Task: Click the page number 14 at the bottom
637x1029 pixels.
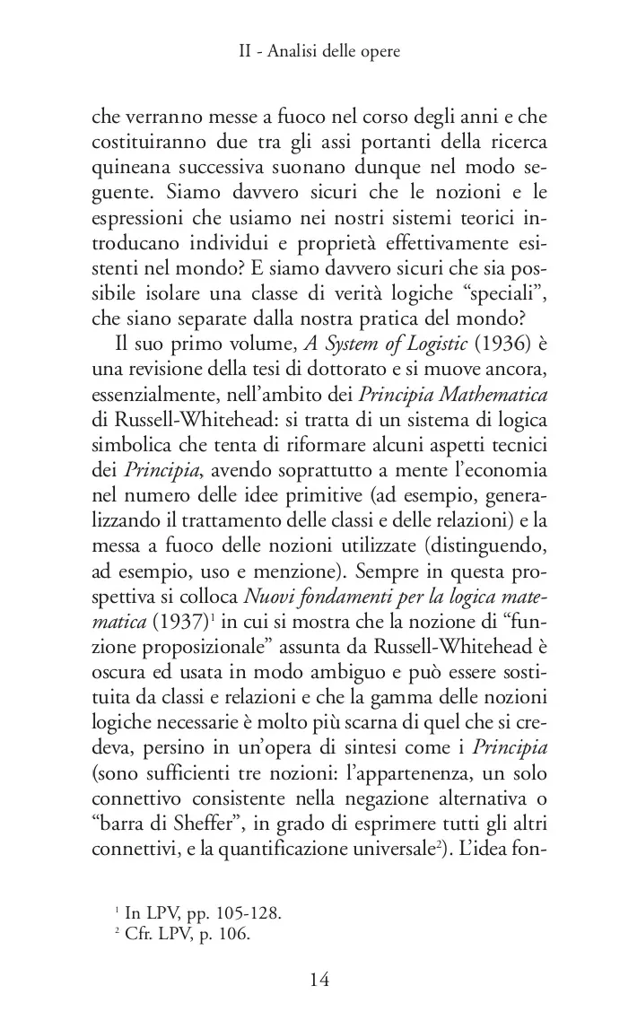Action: tap(319, 979)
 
